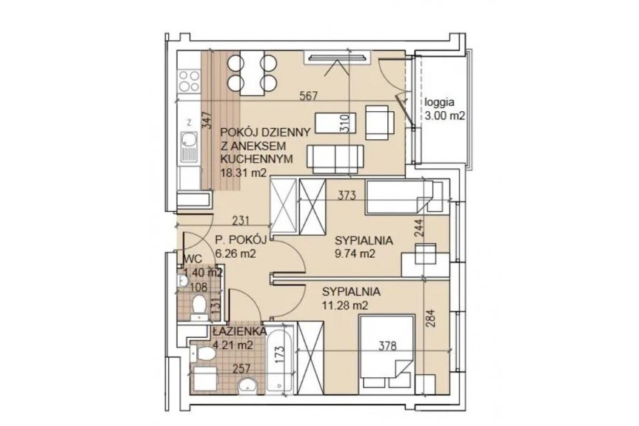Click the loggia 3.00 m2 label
(x=445, y=109)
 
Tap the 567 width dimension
(x=309, y=96)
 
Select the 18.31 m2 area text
(x=244, y=173)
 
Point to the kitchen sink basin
(x=189, y=139)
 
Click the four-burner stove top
(x=190, y=81)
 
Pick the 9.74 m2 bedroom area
(x=354, y=253)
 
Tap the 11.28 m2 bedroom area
(x=345, y=305)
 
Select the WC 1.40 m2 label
(x=204, y=266)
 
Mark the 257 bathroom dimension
(x=242, y=368)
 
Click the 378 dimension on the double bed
(x=387, y=346)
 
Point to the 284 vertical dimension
(x=431, y=319)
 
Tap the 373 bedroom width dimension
(x=347, y=196)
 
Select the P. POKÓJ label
(x=241, y=240)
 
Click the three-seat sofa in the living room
(x=335, y=159)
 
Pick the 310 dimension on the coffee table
(x=345, y=122)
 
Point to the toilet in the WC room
(x=199, y=307)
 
